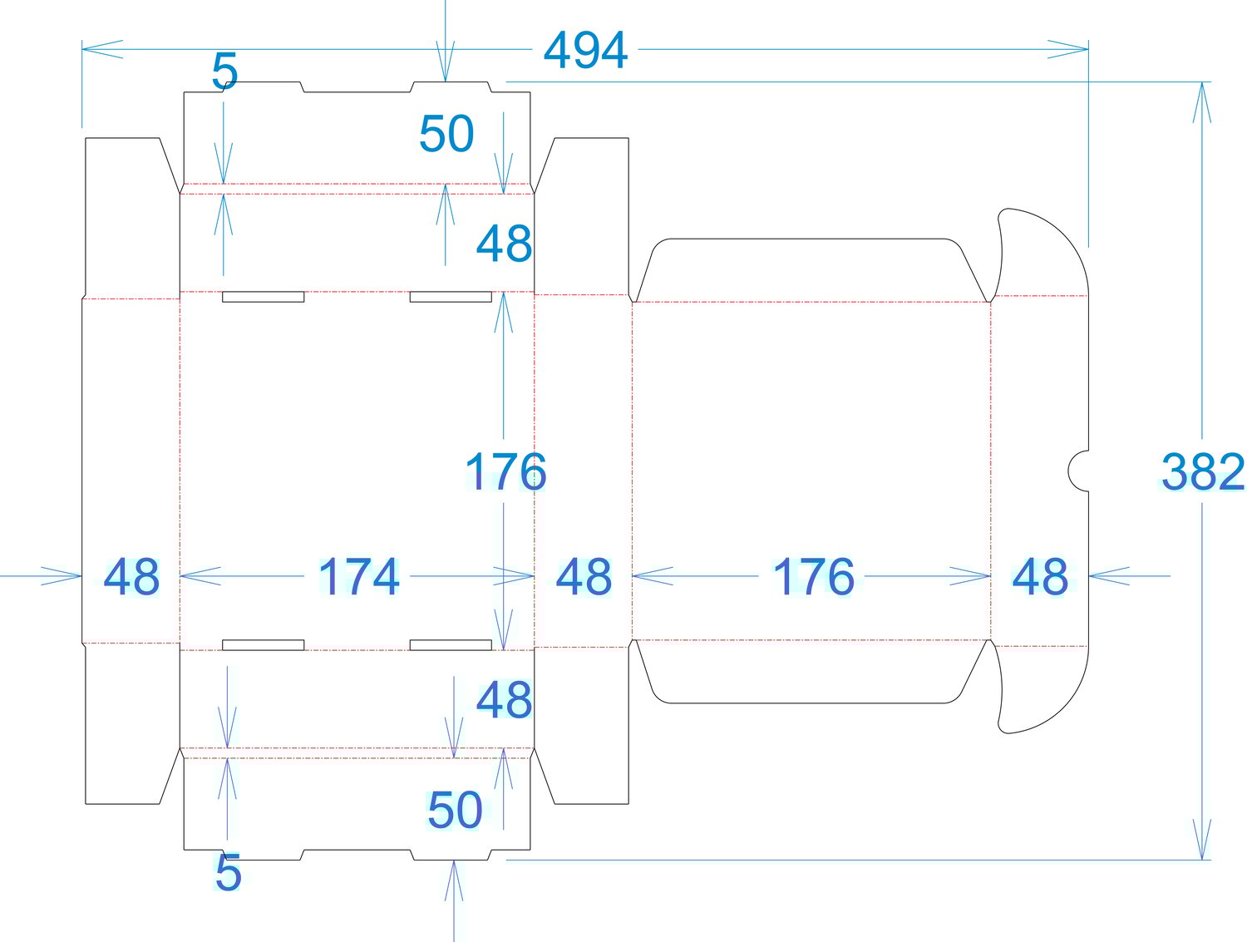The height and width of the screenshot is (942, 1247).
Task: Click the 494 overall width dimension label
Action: click(585, 50)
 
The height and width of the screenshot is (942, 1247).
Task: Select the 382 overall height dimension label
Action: click(1203, 471)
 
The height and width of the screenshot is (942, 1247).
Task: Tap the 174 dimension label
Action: click(359, 577)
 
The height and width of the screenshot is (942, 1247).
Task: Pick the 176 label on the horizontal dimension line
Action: click(814, 577)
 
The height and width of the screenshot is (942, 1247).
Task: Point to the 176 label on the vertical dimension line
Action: click(505, 471)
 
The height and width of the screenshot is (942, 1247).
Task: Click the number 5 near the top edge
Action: click(225, 72)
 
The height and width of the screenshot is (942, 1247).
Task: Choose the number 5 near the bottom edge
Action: click(229, 872)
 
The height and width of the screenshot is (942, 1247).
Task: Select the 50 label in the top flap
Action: click(446, 134)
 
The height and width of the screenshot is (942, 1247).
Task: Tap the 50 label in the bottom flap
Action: click(455, 810)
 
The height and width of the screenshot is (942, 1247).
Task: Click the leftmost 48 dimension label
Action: click(132, 577)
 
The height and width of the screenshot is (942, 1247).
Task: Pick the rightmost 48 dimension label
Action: click(1040, 577)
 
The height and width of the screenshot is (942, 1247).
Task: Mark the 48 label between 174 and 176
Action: click(584, 577)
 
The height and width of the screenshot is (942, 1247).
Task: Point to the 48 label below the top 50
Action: click(505, 243)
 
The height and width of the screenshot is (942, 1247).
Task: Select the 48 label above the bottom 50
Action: click(505, 699)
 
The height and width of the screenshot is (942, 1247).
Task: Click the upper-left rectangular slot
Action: click(263, 297)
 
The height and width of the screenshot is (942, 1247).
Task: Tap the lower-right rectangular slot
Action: click(451, 645)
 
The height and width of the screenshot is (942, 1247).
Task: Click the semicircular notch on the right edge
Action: click(1069, 471)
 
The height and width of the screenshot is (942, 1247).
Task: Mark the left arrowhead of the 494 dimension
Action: click(102, 49)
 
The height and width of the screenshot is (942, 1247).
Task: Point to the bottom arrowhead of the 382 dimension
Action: click(1201, 839)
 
